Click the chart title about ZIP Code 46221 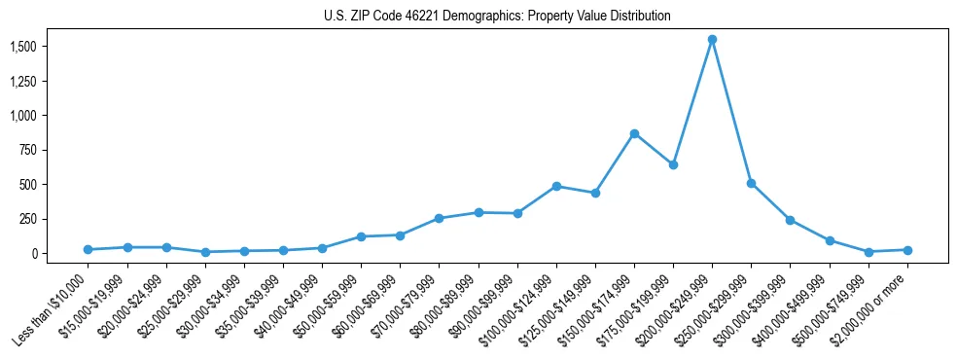tap(497, 17)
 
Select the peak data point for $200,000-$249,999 tap(712, 40)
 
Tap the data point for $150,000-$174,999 tap(634, 133)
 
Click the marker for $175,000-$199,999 tap(673, 164)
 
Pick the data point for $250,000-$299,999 tap(751, 183)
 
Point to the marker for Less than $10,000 tap(88, 249)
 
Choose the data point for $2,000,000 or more tap(907, 250)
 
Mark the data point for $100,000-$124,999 tap(556, 186)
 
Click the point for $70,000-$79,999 tap(439, 218)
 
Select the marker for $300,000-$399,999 tap(790, 220)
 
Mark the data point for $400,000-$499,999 tap(830, 240)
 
